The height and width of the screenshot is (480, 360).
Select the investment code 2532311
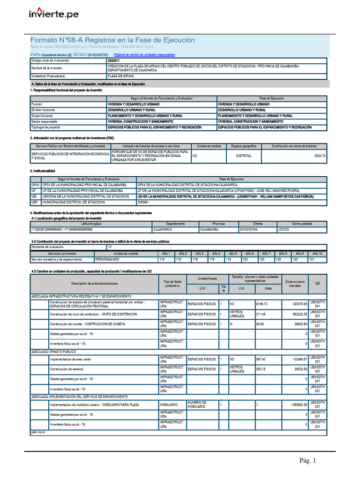click(x=113, y=61)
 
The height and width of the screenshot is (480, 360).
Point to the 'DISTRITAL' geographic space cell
click(x=244, y=156)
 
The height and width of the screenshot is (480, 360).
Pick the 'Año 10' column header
click(x=317, y=253)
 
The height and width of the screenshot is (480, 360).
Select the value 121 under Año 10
click(x=312, y=259)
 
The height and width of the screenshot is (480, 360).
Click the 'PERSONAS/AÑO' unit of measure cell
click(x=107, y=259)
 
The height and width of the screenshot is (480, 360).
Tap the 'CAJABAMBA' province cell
click(x=209, y=230)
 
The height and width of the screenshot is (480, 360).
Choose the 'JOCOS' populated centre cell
click(x=284, y=230)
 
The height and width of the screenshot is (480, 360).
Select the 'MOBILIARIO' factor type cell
click(x=169, y=404)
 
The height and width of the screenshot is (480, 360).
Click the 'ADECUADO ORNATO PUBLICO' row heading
click(x=53, y=351)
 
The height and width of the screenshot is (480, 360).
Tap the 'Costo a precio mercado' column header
click(x=295, y=283)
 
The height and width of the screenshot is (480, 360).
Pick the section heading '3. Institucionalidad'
click(x=43, y=171)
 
